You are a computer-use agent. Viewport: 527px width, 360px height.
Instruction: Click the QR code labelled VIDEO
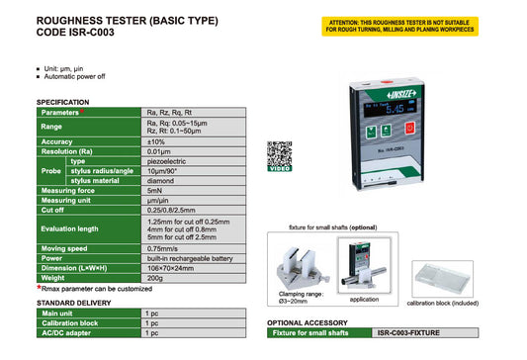click(x=280, y=154)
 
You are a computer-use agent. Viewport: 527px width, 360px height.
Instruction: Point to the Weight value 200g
click(x=153, y=279)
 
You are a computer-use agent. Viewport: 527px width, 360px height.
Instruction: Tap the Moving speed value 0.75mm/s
click(x=162, y=249)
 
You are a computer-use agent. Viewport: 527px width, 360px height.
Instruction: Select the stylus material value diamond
click(x=159, y=180)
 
